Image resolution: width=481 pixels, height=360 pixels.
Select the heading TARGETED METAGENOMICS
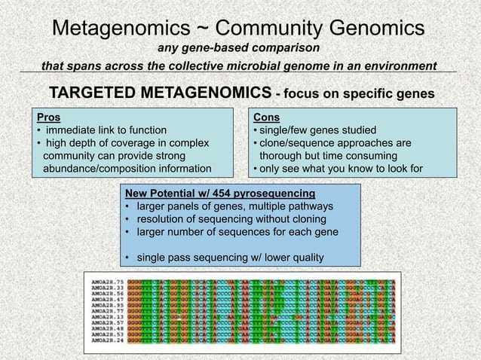(160, 93)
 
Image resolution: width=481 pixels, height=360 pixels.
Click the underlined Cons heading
(266, 118)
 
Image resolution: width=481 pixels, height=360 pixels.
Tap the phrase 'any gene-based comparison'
(239, 49)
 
